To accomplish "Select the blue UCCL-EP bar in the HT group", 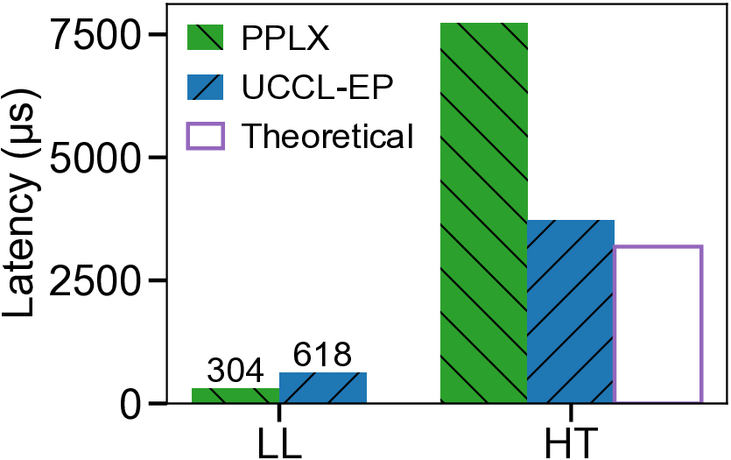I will coord(571,311).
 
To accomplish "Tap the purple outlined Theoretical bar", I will coord(658,324).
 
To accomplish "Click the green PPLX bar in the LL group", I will coord(235,395).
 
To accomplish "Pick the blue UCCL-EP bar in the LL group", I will coord(323,387).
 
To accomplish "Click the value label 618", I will coord(322,356).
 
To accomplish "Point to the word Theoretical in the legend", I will coord(327,137).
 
